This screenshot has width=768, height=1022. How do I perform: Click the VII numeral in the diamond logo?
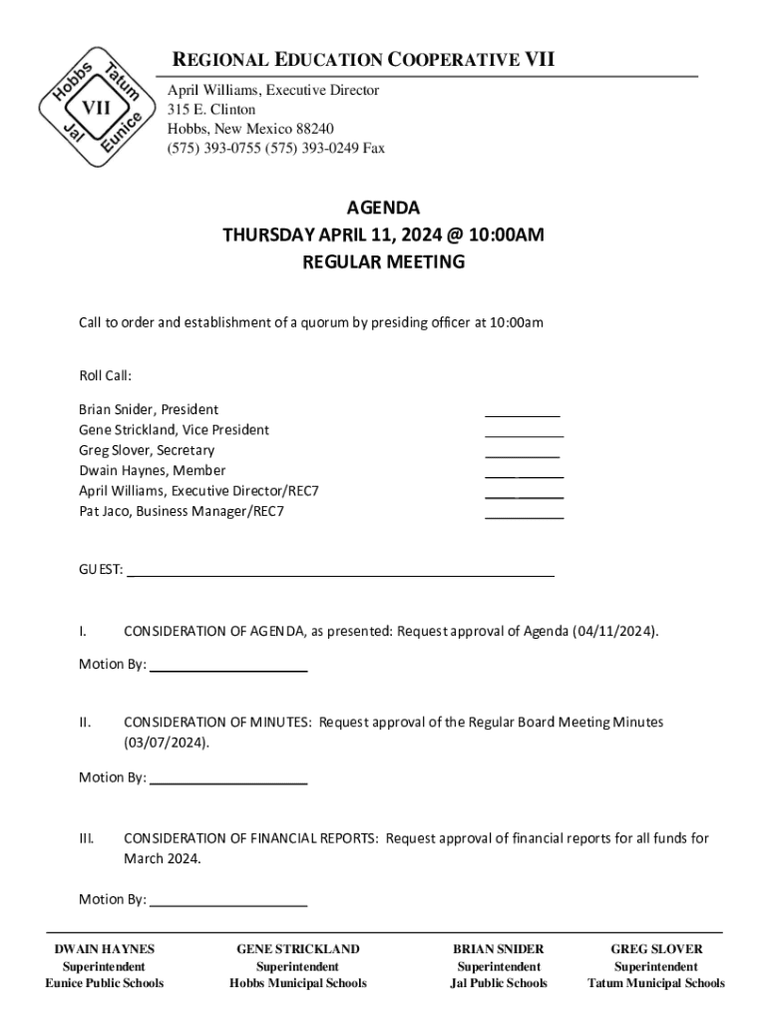pyautogui.click(x=96, y=108)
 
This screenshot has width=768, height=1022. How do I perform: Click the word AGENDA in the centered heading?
pyautogui.click(x=383, y=209)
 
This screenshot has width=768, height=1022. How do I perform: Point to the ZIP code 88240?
pyautogui.click(x=314, y=129)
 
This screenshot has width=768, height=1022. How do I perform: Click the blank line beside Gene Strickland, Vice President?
pyautogui.click(x=524, y=435)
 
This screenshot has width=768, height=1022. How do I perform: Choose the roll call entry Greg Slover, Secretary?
pyautogui.click(x=147, y=450)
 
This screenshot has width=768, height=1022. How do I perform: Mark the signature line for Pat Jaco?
pyautogui.click(x=524, y=517)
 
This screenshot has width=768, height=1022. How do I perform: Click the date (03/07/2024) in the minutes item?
pyautogui.click(x=167, y=743)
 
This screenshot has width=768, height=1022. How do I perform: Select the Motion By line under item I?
pyautogui.click(x=227, y=670)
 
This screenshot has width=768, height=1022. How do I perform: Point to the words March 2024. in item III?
pyautogui.click(x=163, y=857)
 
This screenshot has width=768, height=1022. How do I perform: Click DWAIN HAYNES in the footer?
pyautogui.click(x=104, y=949)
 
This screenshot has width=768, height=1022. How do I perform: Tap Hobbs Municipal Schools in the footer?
pyautogui.click(x=297, y=983)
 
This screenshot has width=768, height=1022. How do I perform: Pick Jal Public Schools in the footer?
pyautogui.click(x=499, y=983)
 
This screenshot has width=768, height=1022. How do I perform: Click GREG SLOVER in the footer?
pyautogui.click(x=656, y=949)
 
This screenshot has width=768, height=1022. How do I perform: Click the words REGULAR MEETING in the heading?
pyautogui.click(x=383, y=262)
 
